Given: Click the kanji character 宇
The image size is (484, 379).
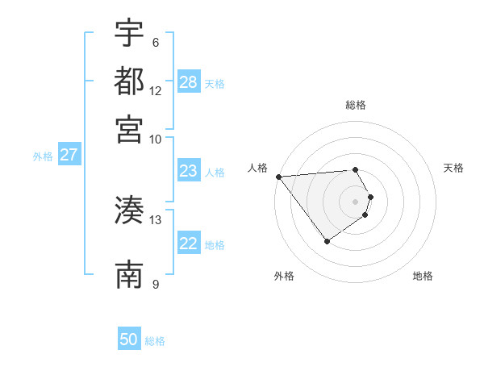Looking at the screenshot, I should pyautogui.click(x=129, y=33).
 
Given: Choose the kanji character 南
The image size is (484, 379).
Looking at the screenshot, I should pyautogui.click(x=129, y=274).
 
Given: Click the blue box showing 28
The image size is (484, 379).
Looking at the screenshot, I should pyautogui.click(x=189, y=81).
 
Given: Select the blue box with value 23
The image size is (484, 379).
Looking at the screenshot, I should pyautogui.click(x=189, y=171).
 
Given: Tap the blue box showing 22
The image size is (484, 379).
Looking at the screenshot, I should pyautogui.click(x=189, y=244).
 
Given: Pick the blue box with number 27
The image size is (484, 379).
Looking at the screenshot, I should pyautogui.click(x=69, y=155).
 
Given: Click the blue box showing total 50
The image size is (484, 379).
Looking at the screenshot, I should pyautogui.click(x=129, y=339).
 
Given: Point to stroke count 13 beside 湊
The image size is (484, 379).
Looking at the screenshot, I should pyautogui.click(x=156, y=219).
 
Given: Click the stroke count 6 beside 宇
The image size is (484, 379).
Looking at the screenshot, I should pyautogui.click(x=156, y=43).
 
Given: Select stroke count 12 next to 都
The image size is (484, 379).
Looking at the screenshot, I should pyautogui.click(x=156, y=90).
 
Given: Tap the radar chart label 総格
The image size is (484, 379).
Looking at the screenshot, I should pyautogui.click(x=356, y=105).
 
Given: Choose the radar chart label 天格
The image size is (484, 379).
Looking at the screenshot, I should pyautogui.click(x=453, y=168).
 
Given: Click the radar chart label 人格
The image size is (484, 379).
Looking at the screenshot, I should pyautogui.click(x=257, y=168).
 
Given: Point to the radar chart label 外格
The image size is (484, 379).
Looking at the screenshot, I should pyautogui.click(x=284, y=276).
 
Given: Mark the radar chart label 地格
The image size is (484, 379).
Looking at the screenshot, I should pyautogui.click(x=423, y=276).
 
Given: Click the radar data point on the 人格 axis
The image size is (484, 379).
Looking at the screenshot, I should pyautogui.click(x=278, y=177).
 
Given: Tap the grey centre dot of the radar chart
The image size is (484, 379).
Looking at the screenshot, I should pyautogui.click(x=356, y=201).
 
